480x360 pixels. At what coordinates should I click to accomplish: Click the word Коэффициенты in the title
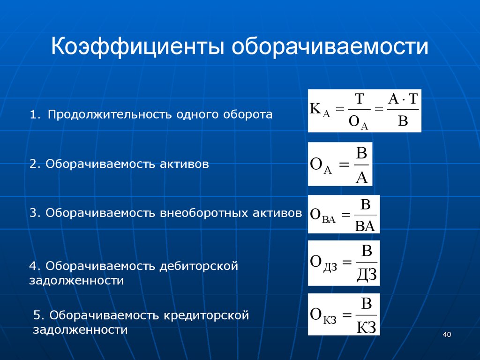tap(138, 46)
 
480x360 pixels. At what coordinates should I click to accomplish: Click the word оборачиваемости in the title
tap(330, 46)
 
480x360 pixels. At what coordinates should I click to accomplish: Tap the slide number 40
tap(447, 334)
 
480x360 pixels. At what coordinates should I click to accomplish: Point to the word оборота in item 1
tap(247, 114)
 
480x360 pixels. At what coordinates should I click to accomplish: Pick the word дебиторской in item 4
tap(199, 266)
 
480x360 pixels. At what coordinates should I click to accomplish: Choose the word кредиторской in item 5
tap(206, 315)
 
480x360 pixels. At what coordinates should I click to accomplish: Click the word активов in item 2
tap(184, 164)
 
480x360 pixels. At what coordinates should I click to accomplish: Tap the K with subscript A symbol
tap(320, 109)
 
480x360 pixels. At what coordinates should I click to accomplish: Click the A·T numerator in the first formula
tap(403, 99)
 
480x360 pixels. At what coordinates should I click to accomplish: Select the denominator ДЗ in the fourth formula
tap(367, 274)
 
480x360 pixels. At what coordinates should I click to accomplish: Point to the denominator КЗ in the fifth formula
tap(366, 327)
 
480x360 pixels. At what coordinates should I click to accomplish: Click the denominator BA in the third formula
tap(365, 226)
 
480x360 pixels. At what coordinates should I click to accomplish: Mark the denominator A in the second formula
tap(361, 177)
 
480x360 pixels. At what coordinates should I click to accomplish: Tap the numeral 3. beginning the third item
tap(35, 213)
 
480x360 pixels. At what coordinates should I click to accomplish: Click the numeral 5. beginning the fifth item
tap(39, 315)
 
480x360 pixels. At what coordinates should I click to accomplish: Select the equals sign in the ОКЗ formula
tap(346, 315)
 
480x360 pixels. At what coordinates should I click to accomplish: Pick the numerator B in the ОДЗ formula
tap(367, 251)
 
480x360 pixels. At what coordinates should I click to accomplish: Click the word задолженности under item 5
tap(80, 330)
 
